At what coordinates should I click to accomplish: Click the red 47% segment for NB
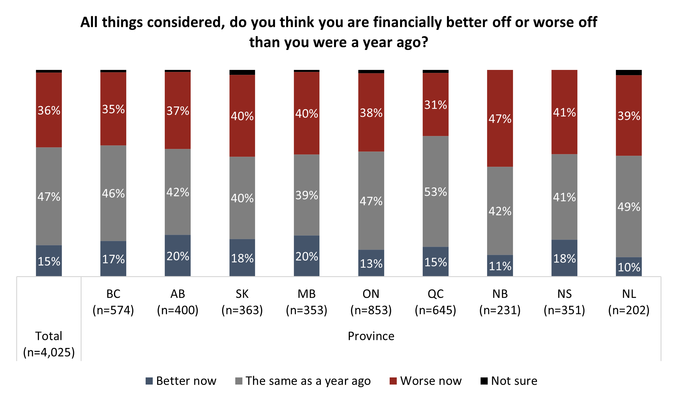pyautogui.click(x=500, y=118)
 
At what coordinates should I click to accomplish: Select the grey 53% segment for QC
pyautogui.click(x=435, y=191)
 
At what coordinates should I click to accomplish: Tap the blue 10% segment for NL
pyautogui.click(x=628, y=267)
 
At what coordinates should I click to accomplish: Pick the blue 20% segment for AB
pyautogui.click(x=178, y=256)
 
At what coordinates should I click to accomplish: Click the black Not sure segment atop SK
pyautogui.click(x=242, y=73)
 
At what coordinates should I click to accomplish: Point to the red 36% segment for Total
pyautogui.click(x=49, y=110)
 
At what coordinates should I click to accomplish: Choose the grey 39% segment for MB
pyautogui.click(x=306, y=195)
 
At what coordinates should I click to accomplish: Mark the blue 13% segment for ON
pyautogui.click(x=371, y=263)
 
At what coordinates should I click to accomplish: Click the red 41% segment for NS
pyautogui.click(x=564, y=112)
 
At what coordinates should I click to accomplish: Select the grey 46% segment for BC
pyautogui.click(x=113, y=193)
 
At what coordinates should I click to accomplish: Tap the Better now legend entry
pyautogui.click(x=181, y=381)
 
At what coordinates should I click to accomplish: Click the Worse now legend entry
pyautogui.click(x=426, y=381)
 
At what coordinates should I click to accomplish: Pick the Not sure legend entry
pyautogui.click(x=509, y=381)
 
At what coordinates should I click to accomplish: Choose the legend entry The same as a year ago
pyautogui.click(x=303, y=381)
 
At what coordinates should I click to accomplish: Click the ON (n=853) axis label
pyautogui.click(x=371, y=302)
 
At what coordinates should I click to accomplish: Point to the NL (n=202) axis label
pyautogui.click(x=628, y=302)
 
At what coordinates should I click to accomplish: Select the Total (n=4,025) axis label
pyautogui.click(x=49, y=344)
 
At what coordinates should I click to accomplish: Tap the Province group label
pyautogui.click(x=371, y=336)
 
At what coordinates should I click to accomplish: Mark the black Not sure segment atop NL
pyautogui.click(x=628, y=73)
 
